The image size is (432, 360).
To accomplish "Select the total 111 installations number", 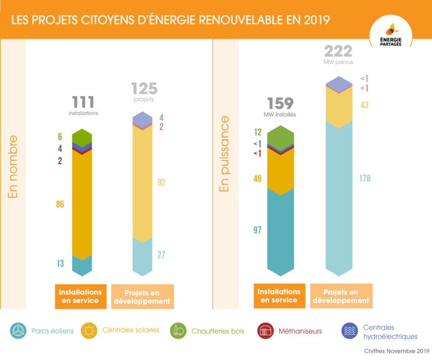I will pyautogui.click(x=83, y=102).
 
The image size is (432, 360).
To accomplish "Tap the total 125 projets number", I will pyautogui.click(x=144, y=89).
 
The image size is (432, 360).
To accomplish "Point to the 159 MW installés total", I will pyautogui.click(x=280, y=103).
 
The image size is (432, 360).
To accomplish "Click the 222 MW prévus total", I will pyautogui.click(x=338, y=51).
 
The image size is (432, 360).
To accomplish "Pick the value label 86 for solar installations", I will pyautogui.click(x=60, y=204).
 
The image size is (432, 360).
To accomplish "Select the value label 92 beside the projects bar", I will pyautogui.click(x=161, y=183).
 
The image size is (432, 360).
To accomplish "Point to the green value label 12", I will pyautogui.click(x=258, y=133).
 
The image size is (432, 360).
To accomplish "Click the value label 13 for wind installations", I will pyautogui.click(x=60, y=264).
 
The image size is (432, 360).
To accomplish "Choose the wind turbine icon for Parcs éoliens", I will pyautogui.click(x=19, y=330).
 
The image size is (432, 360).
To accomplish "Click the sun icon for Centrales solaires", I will pyautogui.click(x=89, y=330).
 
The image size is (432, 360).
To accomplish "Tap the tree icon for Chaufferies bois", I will pyautogui.click(x=178, y=330).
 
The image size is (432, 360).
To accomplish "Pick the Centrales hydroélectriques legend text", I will pyautogui.click(x=390, y=332).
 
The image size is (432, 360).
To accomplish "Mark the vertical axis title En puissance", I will pyautogui.click(x=224, y=154).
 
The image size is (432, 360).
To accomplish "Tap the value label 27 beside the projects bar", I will pyautogui.click(x=161, y=255).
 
